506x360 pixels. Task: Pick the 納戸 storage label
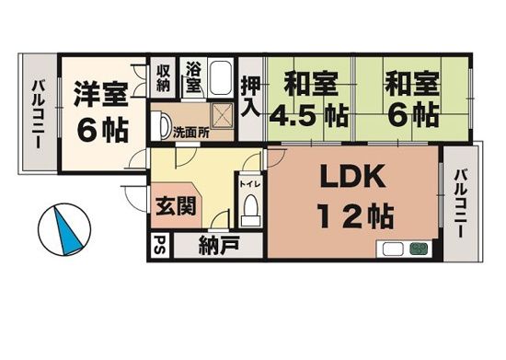(218, 247)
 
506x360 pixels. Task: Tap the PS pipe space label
(159, 247)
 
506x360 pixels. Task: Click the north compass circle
(65, 228)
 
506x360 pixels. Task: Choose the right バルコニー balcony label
(462, 203)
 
